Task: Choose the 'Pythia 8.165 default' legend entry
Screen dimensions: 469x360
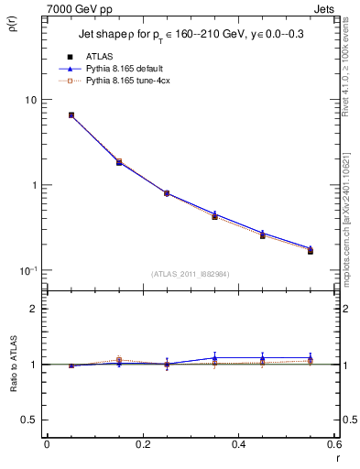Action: pyautogui.click(x=113, y=69)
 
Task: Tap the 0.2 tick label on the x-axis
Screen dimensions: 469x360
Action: pyautogui.click(x=142, y=444)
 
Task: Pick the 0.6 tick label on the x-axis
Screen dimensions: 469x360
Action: pyautogui.click(x=333, y=444)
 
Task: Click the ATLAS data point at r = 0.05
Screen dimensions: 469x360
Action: pyautogui.click(x=71, y=115)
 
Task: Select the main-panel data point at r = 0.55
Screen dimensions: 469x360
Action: pyautogui.click(x=311, y=250)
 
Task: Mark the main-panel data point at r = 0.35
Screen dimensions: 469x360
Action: pyautogui.click(x=214, y=216)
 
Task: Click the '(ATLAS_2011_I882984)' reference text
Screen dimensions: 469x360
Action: pyautogui.click(x=189, y=274)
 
